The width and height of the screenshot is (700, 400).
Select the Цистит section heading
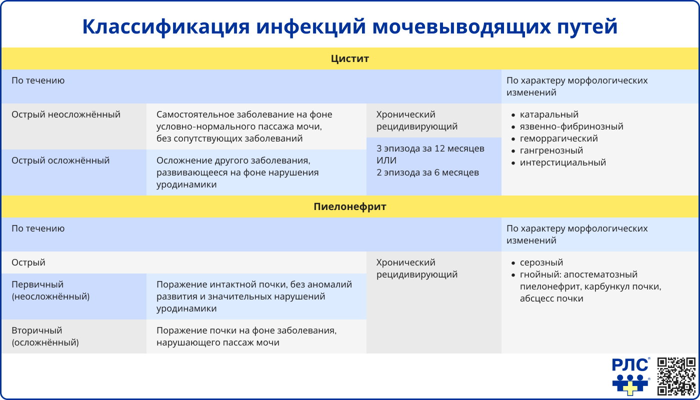pyautogui.click(x=350, y=58)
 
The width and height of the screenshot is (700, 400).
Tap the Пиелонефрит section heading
pyautogui.click(x=350, y=206)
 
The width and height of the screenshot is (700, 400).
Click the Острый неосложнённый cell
pyautogui.click(x=66, y=114)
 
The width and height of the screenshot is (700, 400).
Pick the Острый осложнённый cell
pyautogui.click(x=60, y=160)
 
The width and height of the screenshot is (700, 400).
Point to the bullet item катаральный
pyautogui.click(x=549, y=114)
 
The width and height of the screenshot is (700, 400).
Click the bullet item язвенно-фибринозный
pyautogui.click(x=571, y=126)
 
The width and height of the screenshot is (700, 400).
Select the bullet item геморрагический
pyautogui.click(x=558, y=138)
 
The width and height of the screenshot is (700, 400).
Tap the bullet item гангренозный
pyautogui.click(x=551, y=150)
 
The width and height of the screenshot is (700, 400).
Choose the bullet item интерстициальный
pyautogui.click(x=562, y=162)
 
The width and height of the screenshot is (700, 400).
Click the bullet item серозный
pyautogui.click(x=541, y=262)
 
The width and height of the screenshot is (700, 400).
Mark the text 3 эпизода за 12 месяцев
pyautogui.click(x=430, y=148)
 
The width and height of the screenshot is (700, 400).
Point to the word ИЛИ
pyautogui.click(x=386, y=160)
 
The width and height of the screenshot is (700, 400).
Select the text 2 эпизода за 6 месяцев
pyautogui.click(x=427, y=172)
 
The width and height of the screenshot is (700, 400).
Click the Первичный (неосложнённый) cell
pyautogui.click(x=50, y=290)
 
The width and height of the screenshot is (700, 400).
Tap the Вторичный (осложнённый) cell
pyautogui.click(x=45, y=336)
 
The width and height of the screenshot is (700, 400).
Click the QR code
pyautogui.click(x=676, y=376)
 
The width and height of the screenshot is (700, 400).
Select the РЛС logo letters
pyautogui.click(x=630, y=365)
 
